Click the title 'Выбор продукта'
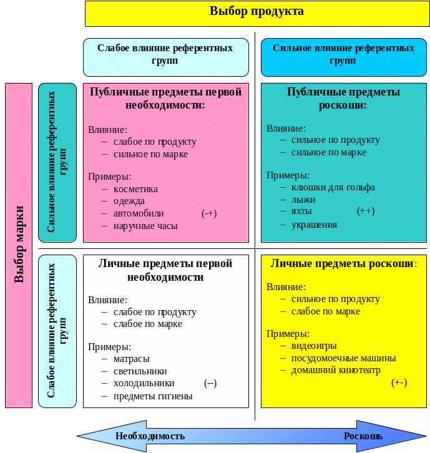(x=257, y=11)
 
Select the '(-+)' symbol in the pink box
(x=209, y=213)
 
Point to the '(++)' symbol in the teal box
(x=366, y=211)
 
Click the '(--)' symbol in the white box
(x=210, y=382)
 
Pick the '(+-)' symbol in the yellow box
(x=399, y=382)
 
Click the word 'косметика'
(x=135, y=188)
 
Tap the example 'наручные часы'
(x=145, y=226)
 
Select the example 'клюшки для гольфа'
(x=333, y=187)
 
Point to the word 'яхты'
(x=302, y=212)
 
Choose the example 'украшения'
(x=314, y=225)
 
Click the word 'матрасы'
(x=131, y=359)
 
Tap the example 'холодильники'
(x=144, y=383)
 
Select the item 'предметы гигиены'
(x=153, y=396)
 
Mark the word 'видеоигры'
(x=314, y=346)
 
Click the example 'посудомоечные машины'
(x=343, y=358)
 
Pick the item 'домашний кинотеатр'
(x=335, y=370)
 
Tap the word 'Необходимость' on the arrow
(x=150, y=436)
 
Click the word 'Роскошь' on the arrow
(x=363, y=436)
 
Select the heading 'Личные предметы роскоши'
(x=342, y=263)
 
